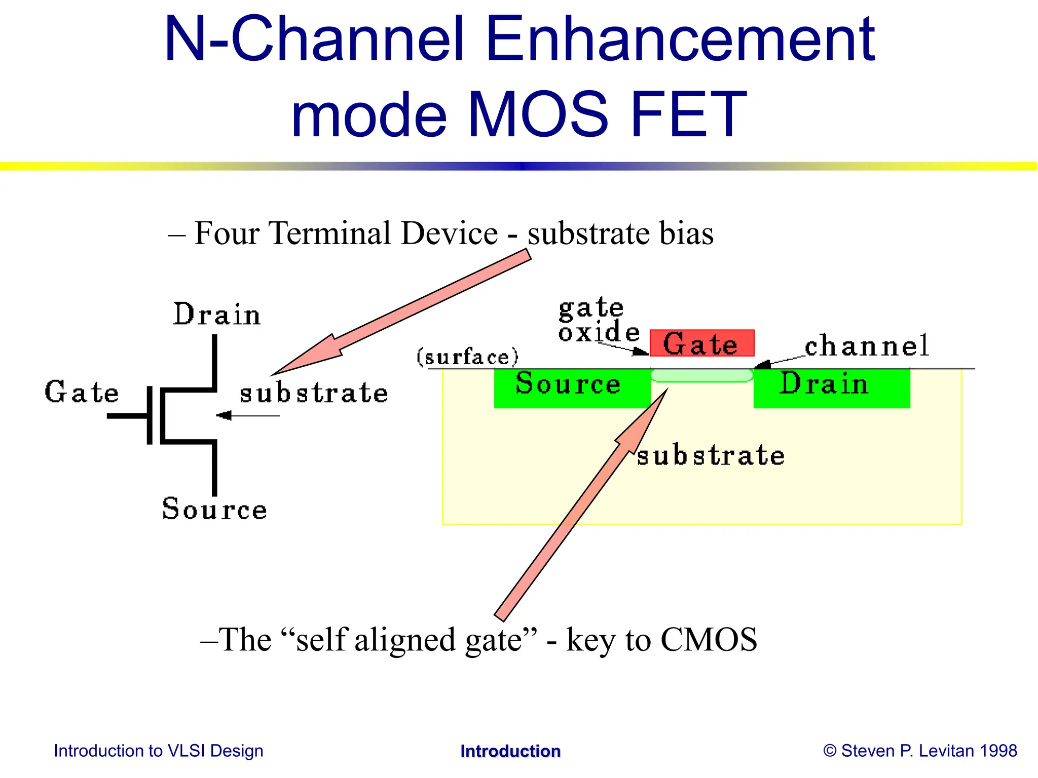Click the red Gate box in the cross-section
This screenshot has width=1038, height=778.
[x=702, y=343]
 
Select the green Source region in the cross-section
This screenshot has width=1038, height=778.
[x=572, y=389]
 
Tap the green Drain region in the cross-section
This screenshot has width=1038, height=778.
[x=831, y=389]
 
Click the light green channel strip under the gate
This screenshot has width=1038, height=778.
[x=701, y=375]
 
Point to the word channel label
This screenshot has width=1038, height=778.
[x=867, y=346]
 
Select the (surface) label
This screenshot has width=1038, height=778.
[x=467, y=357]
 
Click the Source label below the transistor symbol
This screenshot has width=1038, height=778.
[x=214, y=509]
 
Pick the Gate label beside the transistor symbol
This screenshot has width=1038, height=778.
[x=82, y=392]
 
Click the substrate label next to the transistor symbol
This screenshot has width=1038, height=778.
[x=314, y=393]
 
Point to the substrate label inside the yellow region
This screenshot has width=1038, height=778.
[x=711, y=455]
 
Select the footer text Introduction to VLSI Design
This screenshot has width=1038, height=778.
[x=159, y=751]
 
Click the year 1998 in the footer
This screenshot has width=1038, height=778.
[x=998, y=751]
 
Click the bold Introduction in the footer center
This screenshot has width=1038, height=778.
[x=510, y=751]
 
